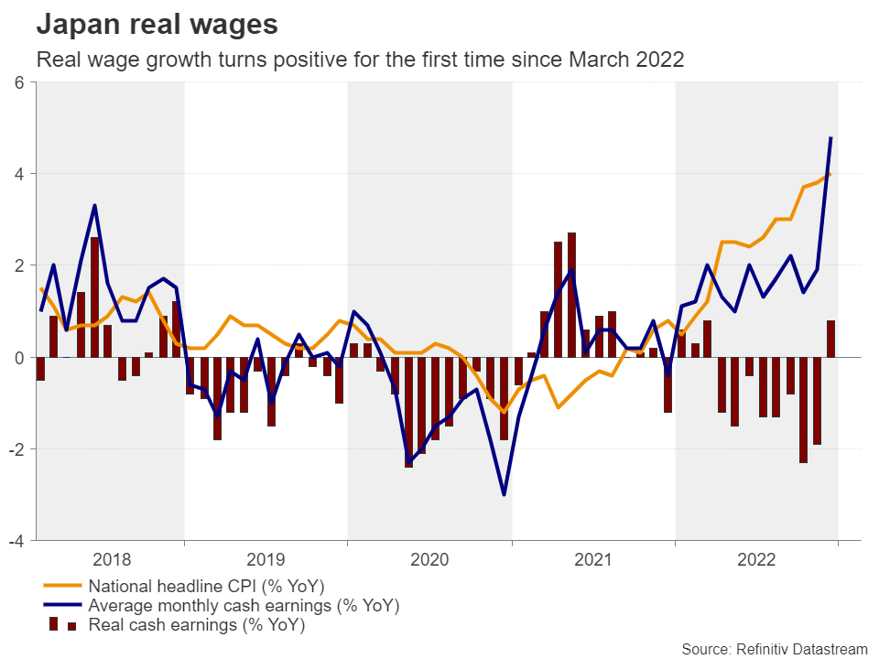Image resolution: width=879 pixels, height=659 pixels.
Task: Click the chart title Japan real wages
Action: pyautogui.click(x=157, y=25)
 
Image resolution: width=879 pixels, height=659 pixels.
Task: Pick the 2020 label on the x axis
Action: pyautogui.click(x=429, y=558)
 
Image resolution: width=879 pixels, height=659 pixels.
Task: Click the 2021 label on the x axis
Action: pyautogui.click(x=593, y=558)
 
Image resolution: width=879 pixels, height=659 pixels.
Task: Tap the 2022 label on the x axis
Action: pyautogui.click(x=757, y=558)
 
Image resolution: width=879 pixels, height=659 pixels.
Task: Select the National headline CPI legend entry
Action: pyautogui.click(x=206, y=586)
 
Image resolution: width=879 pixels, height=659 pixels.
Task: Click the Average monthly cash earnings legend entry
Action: pyautogui.click(x=244, y=606)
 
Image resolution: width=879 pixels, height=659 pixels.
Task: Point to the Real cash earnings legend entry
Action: pyautogui.click(x=196, y=626)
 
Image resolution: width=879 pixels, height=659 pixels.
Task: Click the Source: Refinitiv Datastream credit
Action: pyautogui.click(x=774, y=648)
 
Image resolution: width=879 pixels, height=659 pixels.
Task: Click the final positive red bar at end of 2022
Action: pyautogui.click(x=830, y=339)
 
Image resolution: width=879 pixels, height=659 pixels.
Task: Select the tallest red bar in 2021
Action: pyautogui.click(x=571, y=295)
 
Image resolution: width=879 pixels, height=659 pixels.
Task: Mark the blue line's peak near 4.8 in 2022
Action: pyautogui.click(x=830, y=137)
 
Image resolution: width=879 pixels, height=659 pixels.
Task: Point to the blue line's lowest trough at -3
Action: pyautogui.click(x=504, y=494)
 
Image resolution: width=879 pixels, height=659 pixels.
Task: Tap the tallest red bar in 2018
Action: pyautogui.click(x=94, y=297)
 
